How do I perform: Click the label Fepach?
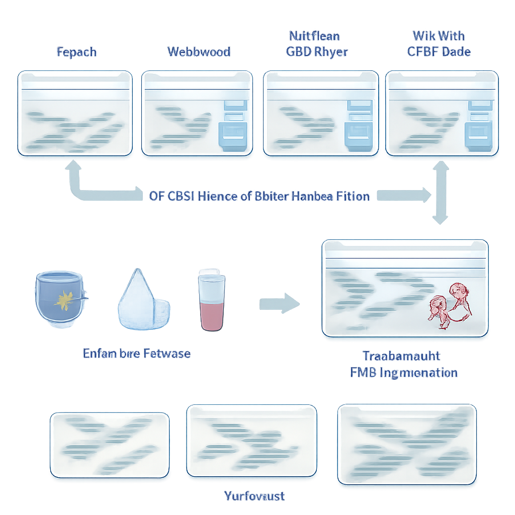pyautogui.click(x=77, y=52)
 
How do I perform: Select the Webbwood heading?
pyautogui.click(x=199, y=52)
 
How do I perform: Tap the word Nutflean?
pyautogui.click(x=314, y=36)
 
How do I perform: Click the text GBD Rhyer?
pyautogui.click(x=317, y=52)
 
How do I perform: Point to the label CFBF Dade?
pyautogui.click(x=439, y=52)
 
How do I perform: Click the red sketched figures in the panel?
pyautogui.click(x=451, y=305)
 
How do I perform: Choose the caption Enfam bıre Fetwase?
pyautogui.click(x=136, y=353)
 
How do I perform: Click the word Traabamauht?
pyautogui.click(x=401, y=356)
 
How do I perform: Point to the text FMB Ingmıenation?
pyautogui.click(x=404, y=373)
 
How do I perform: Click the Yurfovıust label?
pyautogui.click(x=254, y=496)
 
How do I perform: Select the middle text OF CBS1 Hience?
pyautogui.click(x=259, y=196)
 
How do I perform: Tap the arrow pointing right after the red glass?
pyautogui.click(x=279, y=304)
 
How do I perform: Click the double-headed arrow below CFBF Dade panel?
pyautogui.click(x=441, y=192)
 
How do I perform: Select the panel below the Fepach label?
pyautogui.click(x=75, y=113)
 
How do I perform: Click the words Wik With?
pyautogui.click(x=439, y=36)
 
